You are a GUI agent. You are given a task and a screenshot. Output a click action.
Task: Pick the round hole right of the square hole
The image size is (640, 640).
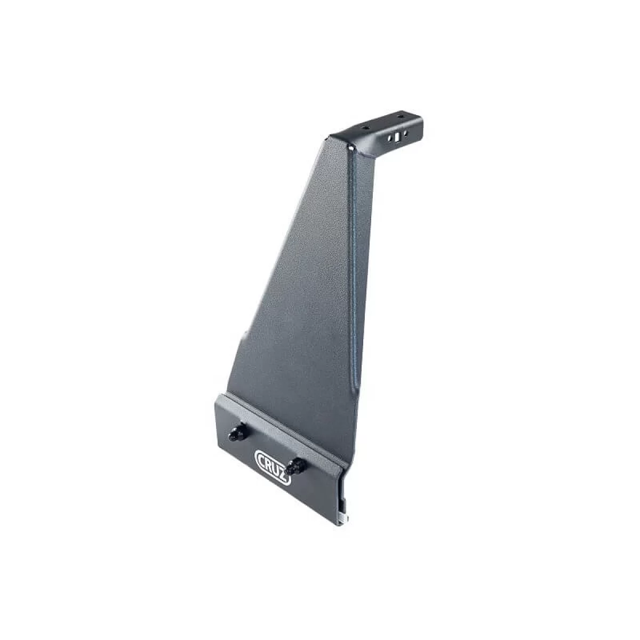pos(404,133)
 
